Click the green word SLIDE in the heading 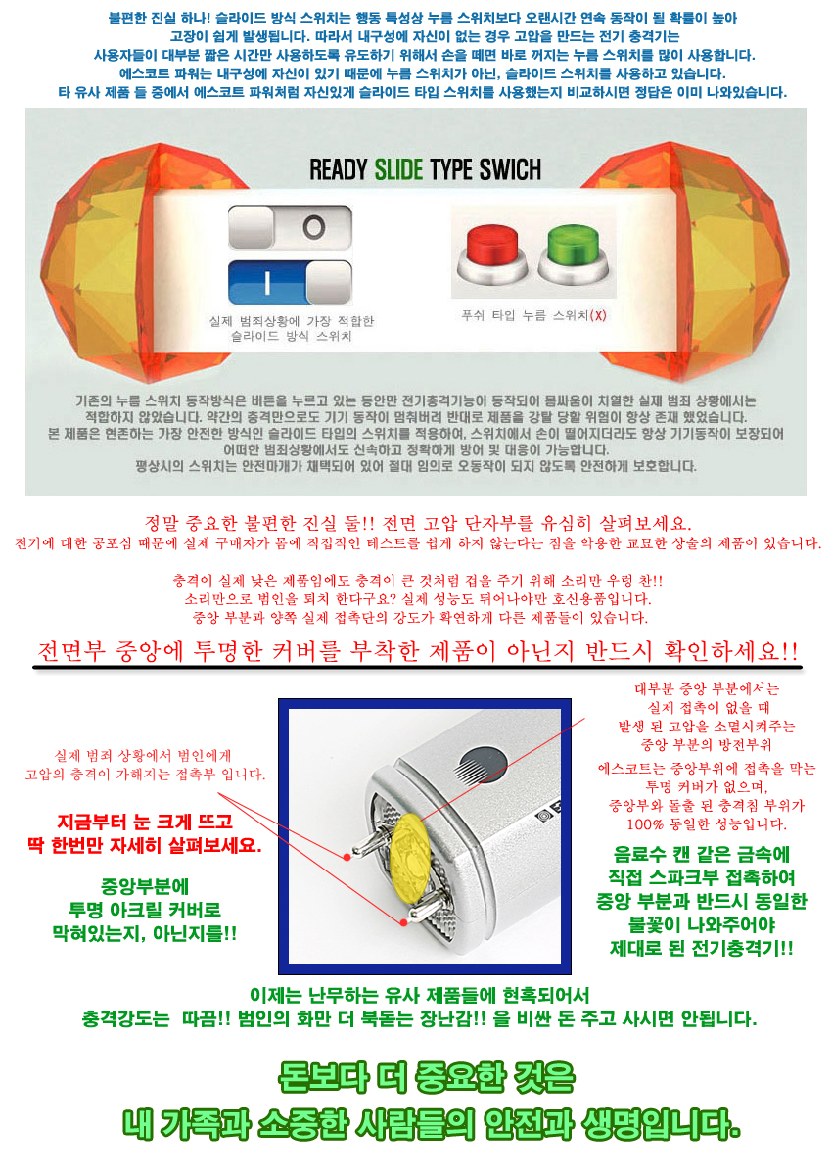398,169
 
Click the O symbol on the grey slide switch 313,227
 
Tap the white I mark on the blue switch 267,283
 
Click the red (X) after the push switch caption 598,315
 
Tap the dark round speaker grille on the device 483,767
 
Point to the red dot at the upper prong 347,857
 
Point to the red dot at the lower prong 403,922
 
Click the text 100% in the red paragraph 645,824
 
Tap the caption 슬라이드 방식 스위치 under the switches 292,336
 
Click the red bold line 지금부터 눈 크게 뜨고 145,821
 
